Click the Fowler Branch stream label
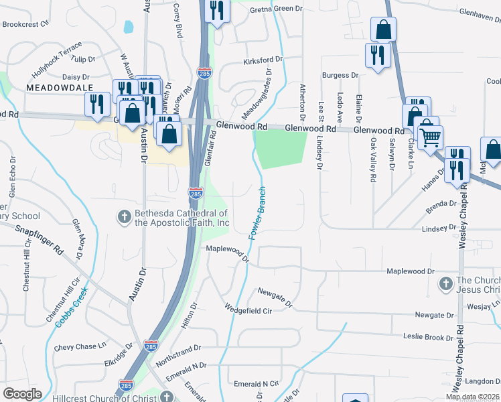[259, 213]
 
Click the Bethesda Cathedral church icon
[124, 216]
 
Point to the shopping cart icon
[430, 137]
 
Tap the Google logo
[22, 394]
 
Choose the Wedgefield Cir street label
[248, 310]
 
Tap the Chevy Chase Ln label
[80, 346]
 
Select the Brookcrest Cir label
[26, 23]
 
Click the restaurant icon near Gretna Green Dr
[216, 12]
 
